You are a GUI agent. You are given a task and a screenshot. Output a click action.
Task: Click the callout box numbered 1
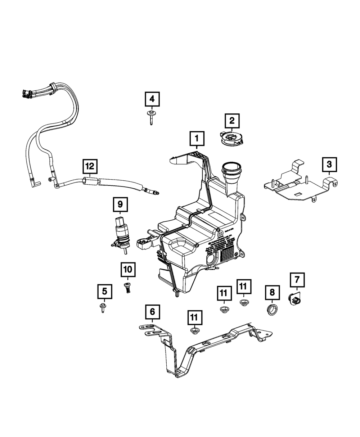197,138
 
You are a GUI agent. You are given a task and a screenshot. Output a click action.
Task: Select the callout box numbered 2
232,121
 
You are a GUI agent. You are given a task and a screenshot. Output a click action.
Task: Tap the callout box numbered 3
329,165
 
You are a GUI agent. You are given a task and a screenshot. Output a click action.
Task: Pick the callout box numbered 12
90,167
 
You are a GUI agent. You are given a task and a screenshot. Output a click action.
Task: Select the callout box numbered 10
128,269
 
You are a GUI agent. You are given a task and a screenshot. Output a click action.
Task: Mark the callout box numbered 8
272,292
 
